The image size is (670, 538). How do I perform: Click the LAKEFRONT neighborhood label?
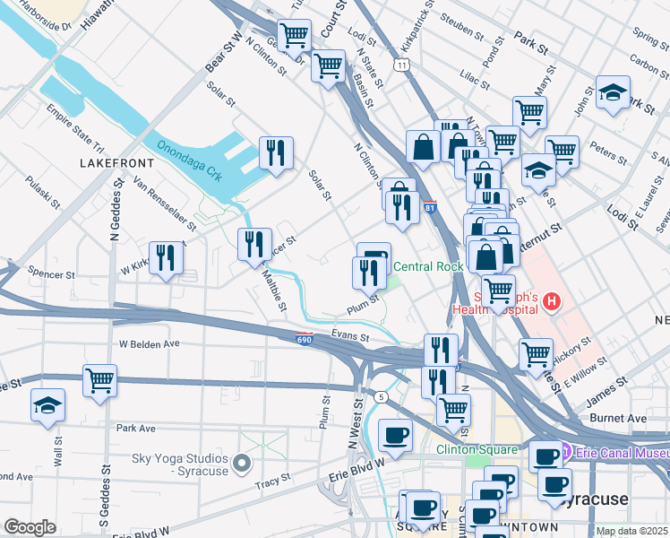click(x=116, y=164)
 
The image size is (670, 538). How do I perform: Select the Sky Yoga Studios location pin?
click(x=241, y=464)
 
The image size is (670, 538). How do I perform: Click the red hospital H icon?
click(x=552, y=302)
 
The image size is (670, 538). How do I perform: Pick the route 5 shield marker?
click(x=382, y=396)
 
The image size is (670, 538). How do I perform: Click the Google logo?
click(x=30, y=527)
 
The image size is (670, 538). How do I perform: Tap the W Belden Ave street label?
click(x=150, y=343)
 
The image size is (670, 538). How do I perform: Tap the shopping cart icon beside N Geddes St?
click(x=99, y=379)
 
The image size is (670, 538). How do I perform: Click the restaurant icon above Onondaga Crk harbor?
click(x=276, y=152)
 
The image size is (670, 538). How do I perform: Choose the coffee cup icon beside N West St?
click(x=395, y=436)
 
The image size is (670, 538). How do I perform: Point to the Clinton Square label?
click(x=477, y=449)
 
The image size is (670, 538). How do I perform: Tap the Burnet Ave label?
click(x=618, y=419)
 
